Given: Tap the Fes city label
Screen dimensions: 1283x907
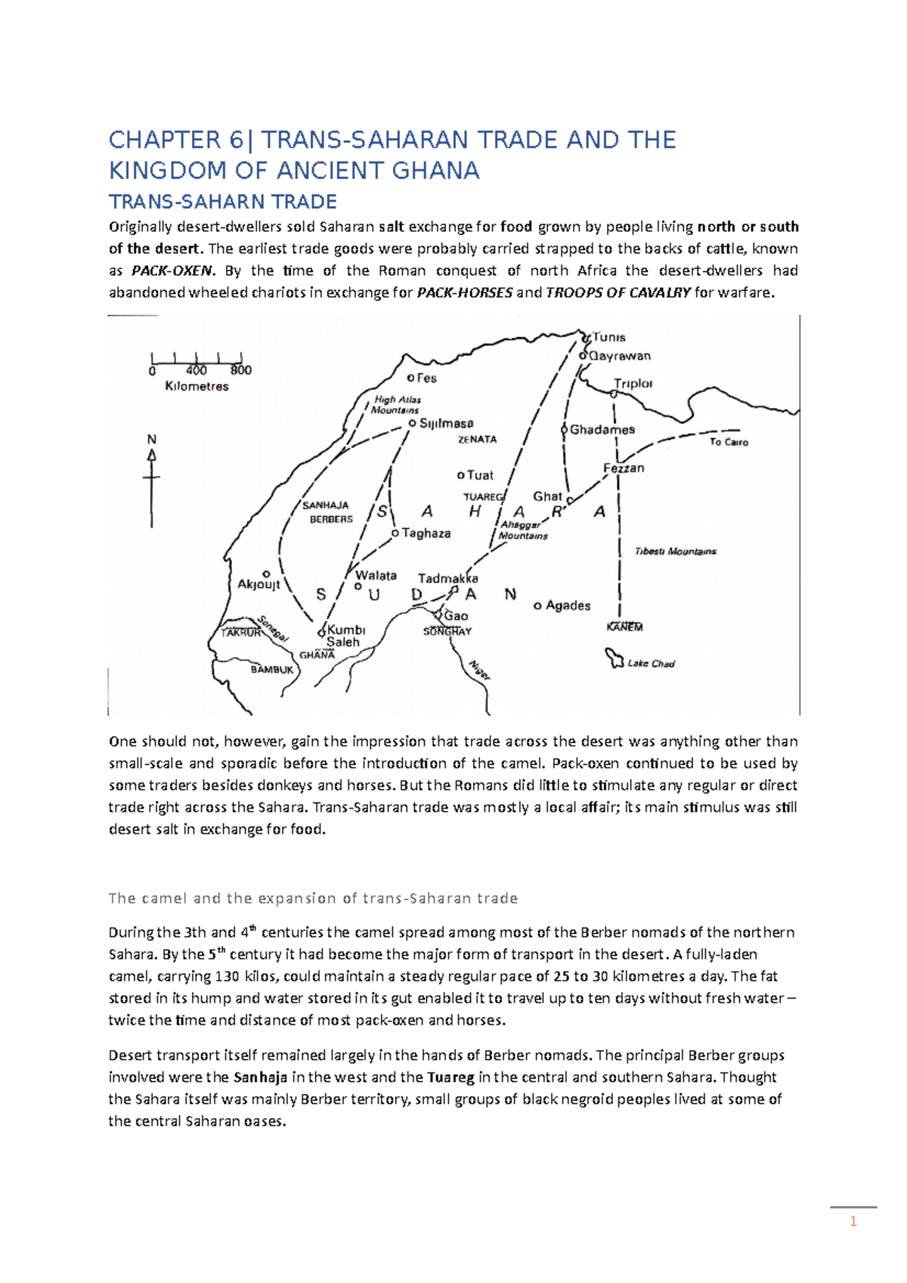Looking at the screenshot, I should (426, 378).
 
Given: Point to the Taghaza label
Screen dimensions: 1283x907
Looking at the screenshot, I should (426, 533).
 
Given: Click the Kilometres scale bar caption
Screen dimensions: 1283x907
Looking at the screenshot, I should (197, 387).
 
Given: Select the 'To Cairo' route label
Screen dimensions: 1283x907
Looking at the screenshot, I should (729, 442).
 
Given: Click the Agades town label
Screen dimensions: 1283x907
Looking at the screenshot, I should (568, 605).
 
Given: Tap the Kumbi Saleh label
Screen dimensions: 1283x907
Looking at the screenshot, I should (345, 635).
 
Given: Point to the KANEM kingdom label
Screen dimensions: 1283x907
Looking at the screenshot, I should (624, 627).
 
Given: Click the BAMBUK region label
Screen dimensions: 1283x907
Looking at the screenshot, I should (272, 669).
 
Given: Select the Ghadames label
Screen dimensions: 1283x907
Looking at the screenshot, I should (602, 430).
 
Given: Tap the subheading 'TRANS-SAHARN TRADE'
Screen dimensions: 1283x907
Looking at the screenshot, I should (223, 202).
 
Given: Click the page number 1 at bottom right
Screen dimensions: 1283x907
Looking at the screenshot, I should (853, 1222).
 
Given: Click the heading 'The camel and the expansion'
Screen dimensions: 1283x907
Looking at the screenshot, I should (313, 898).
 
